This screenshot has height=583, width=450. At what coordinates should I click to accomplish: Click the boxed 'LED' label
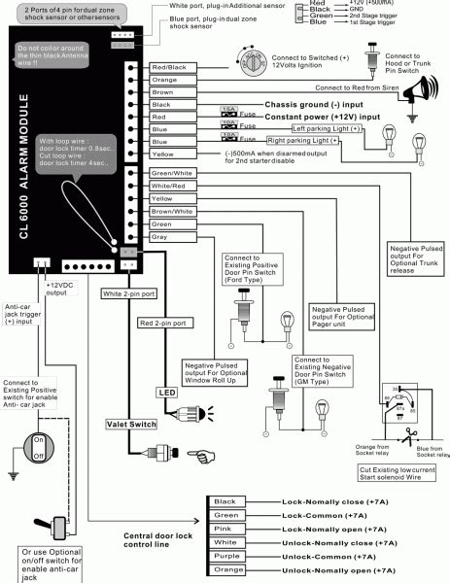coord(165,392)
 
